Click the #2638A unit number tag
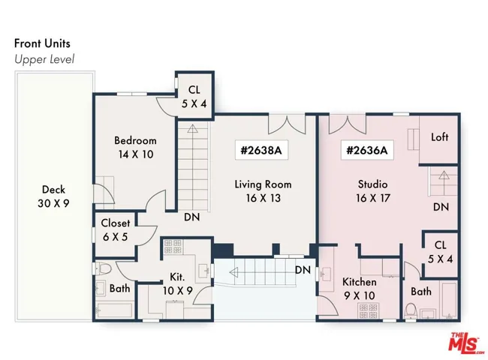[261, 151]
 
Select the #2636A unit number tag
[367, 151]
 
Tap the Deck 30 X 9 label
[53, 196]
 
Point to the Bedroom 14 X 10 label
[135, 147]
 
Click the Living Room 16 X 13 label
[264, 191]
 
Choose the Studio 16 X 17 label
[373, 191]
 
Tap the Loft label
[439, 137]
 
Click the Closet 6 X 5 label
[116, 230]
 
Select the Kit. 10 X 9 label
[178, 283]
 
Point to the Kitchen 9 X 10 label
[360, 289]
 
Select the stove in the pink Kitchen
[368, 311]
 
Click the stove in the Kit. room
[173, 247]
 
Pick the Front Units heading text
[42, 43]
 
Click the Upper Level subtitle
[44, 59]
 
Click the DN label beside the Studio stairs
[441, 207]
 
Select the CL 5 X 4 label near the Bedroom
[194, 97]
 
